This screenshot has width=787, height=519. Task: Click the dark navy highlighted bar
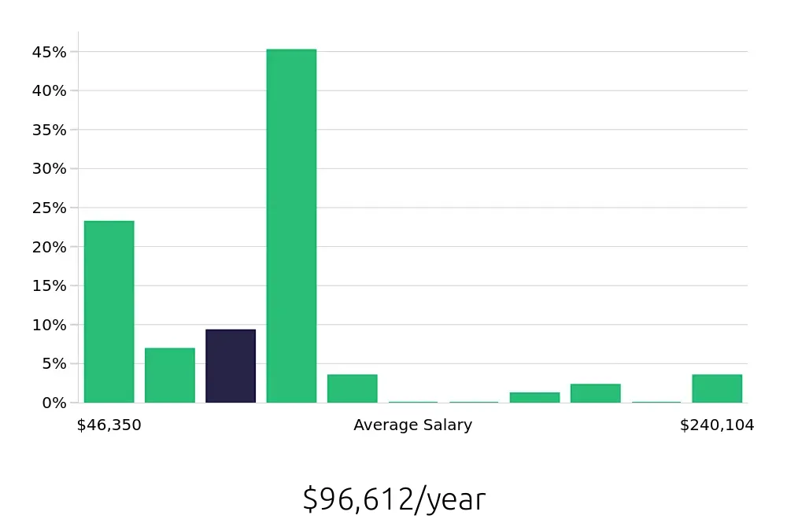(231, 366)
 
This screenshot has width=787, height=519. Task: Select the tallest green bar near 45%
(291, 226)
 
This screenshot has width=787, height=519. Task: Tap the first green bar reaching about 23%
(109, 312)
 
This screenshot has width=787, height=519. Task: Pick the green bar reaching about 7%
(170, 376)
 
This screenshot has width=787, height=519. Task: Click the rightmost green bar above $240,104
(717, 388)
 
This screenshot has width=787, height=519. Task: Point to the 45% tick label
(50, 52)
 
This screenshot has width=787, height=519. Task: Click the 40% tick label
(50, 91)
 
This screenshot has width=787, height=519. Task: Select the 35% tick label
(50, 130)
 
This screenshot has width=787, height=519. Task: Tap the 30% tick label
(50, 169)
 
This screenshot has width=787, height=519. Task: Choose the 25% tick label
(50, 208)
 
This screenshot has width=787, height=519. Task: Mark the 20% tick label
(50, 247)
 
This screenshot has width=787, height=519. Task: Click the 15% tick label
(50, 285)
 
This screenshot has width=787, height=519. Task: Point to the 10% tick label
(50, 325)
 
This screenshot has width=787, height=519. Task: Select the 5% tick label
(54, 363)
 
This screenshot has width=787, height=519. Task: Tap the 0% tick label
(54, 403)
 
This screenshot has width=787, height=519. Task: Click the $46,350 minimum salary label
(109, 425)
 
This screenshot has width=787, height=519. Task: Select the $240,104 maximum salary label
(717, 425)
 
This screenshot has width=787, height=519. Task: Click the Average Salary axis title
(413, 425)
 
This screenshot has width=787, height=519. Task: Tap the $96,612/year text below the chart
(394, 499)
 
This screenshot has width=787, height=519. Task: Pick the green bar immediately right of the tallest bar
(353, 388)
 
